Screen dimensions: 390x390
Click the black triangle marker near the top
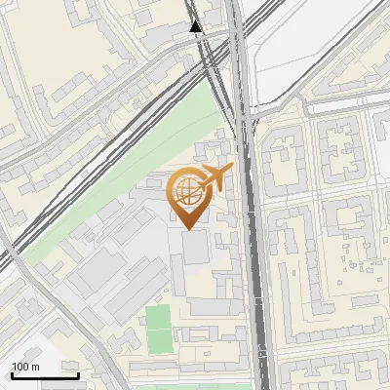click(197, 26)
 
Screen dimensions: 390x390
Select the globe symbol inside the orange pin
click(186, 191)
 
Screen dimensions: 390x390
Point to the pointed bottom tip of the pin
click(187, 228)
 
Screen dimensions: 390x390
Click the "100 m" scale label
click(25, 367)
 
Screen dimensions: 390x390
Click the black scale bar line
click(45, 375)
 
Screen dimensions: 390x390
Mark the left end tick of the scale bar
click(12, 373)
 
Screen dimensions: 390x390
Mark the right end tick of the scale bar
click(78, 373)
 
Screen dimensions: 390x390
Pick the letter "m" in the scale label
click(35, 367)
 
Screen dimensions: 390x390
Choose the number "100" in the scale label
click(20, 367)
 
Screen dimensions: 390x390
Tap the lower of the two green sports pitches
click(159, 341)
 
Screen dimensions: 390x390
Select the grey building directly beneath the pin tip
click(193, 248)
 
